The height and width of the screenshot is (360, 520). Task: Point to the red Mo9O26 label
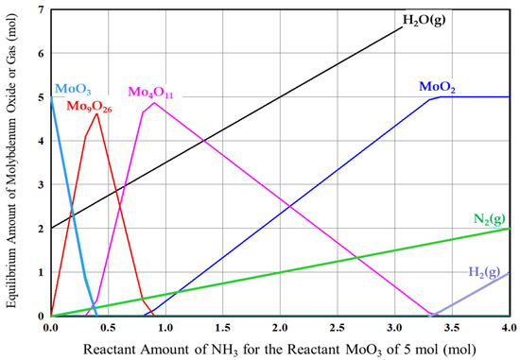(x=90, y=105)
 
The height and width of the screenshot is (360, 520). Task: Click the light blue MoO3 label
(x=71, y=89)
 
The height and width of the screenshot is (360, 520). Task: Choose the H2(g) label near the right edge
(x=485, y=272)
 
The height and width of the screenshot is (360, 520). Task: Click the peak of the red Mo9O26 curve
(x=96, y=114)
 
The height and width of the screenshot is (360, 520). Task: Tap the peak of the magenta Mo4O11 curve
(x=153, y=103)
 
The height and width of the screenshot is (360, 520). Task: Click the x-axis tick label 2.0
(x=280, y=328)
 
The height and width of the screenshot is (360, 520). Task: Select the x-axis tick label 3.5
(x=451, y=328)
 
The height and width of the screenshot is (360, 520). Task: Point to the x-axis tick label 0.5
(x=108, y=328)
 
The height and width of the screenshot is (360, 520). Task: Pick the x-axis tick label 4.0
(x=508, y=328)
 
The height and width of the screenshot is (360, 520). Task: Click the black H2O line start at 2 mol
(x=52, y=228)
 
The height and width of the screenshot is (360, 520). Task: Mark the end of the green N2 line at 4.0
(x=508, y=228)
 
